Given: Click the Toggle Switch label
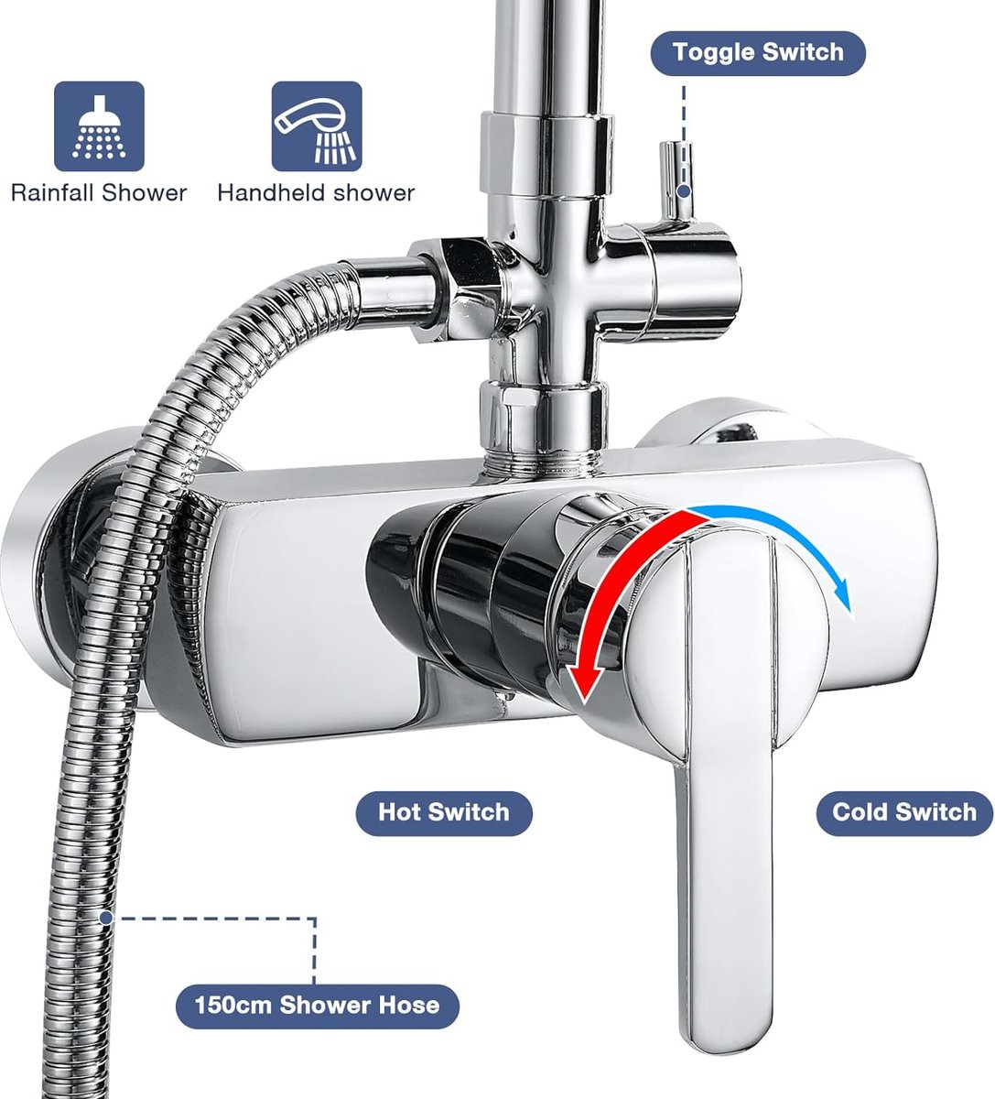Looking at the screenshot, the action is coord(758,52).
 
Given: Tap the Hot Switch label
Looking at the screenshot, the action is coord(444,812).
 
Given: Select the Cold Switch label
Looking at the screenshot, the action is coord(904,812).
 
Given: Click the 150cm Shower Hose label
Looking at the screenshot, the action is coord(317,1006).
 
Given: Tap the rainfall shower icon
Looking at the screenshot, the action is coord(99,126).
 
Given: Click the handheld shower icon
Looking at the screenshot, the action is coord(317,126).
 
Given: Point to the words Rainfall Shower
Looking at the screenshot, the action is coord(99,193).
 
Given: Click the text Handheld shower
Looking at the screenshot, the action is coord(316,193).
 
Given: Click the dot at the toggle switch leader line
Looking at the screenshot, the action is coord(683,191).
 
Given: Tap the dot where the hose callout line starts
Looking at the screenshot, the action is coord(106,918).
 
